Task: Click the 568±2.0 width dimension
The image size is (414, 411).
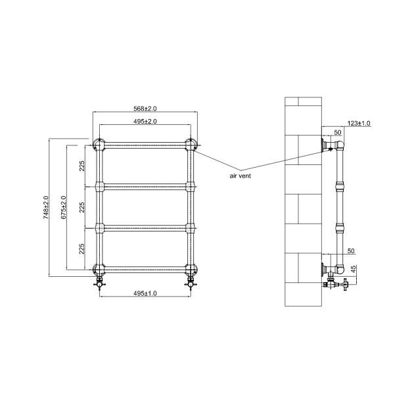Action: click(145, 109)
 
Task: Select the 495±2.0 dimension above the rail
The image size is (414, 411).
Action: click(145, 121)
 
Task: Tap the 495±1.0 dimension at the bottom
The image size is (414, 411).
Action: click(145, 293)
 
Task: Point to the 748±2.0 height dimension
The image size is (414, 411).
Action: click(46, 207)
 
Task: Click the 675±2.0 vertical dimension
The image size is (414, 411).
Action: click(64, 207)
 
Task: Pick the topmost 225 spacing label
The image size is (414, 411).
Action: click(82, 166)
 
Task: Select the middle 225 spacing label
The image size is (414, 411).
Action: click(82, 207)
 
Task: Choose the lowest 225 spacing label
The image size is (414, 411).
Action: click(82, 249)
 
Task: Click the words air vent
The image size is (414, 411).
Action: click(241, 176)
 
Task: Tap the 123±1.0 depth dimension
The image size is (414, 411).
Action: click(359, 124)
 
